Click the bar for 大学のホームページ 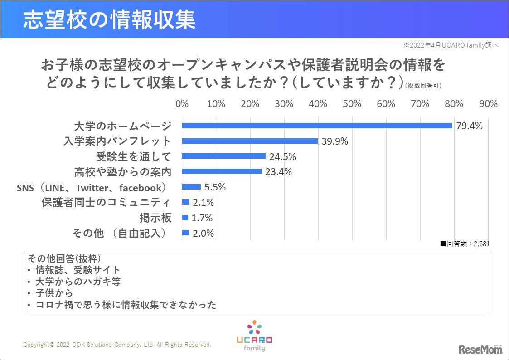(317, 126)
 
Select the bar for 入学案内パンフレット (250, 141)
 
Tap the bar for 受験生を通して (223, 156)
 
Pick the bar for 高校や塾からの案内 (222, 171)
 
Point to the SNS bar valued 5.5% (191, 187)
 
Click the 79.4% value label (469, 126)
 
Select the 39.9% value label (334, 141)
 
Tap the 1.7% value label (202, 218)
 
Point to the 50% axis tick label (352, 104)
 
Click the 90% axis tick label (488, 104)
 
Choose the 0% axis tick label (182, 104)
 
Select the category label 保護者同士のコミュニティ (107, 203)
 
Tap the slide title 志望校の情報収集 (109, 19)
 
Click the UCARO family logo (254, 336)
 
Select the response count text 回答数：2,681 (465, 243)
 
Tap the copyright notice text (117, 345)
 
